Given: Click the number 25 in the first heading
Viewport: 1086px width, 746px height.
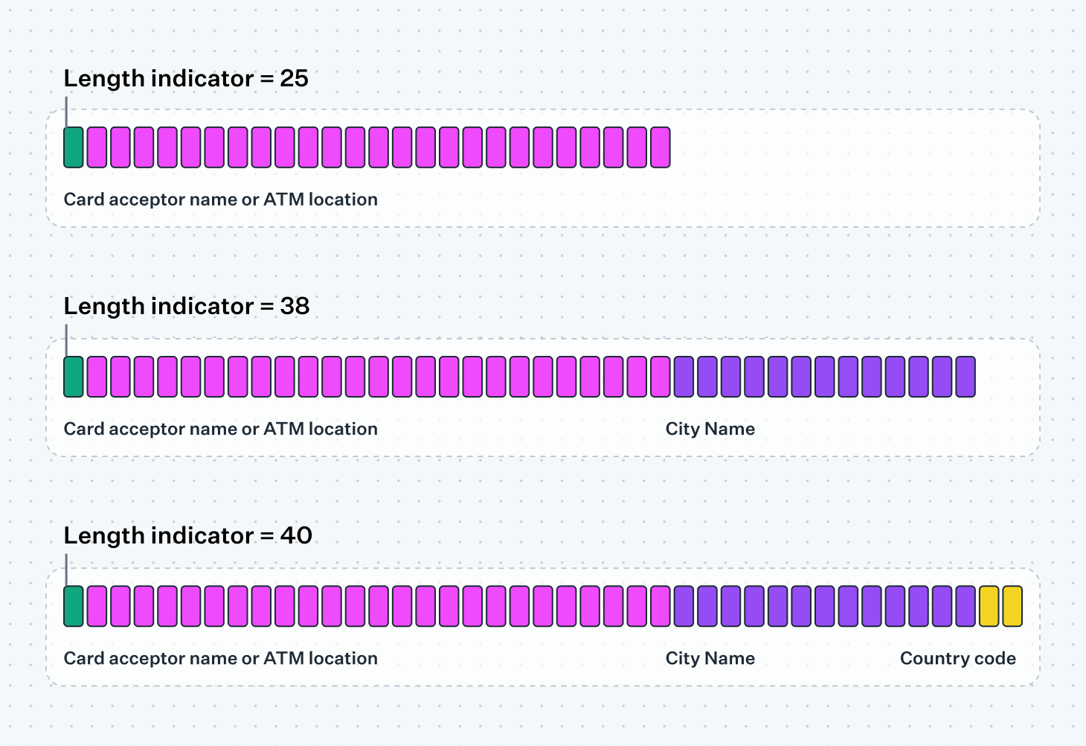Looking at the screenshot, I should coord(294,79).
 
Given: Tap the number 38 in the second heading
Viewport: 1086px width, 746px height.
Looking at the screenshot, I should coord(295,307).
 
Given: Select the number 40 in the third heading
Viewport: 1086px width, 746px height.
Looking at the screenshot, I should coord(296,536).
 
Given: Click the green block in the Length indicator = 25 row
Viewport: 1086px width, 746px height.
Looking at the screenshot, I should coord(74,147).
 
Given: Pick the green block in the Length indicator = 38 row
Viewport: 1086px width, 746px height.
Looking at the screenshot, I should coord(74,377).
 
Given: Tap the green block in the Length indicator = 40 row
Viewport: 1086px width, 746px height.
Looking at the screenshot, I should coord(74,606).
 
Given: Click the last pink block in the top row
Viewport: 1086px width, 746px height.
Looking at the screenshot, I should coord(660,147).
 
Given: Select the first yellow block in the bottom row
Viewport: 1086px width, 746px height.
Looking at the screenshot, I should coord(989,606).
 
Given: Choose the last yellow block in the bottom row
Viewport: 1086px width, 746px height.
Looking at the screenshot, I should coord(1012,606).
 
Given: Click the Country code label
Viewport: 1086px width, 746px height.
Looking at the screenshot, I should coord(957,659).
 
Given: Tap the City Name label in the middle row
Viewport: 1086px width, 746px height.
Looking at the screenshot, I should coord(710,430).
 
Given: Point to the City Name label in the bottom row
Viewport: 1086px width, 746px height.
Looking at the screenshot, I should coord(710,659).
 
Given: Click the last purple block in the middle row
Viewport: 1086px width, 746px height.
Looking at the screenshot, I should coord(965,377).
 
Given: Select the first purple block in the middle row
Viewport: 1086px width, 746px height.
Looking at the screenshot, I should coord(684,377).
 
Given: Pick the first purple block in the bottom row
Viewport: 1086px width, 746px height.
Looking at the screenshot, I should coord(684,606).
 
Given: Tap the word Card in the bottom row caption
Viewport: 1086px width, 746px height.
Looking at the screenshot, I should coord(84,659).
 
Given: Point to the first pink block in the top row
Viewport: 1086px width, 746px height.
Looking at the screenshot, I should coord(97,147).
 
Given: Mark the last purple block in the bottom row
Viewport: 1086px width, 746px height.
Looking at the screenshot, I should coord(965,606).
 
